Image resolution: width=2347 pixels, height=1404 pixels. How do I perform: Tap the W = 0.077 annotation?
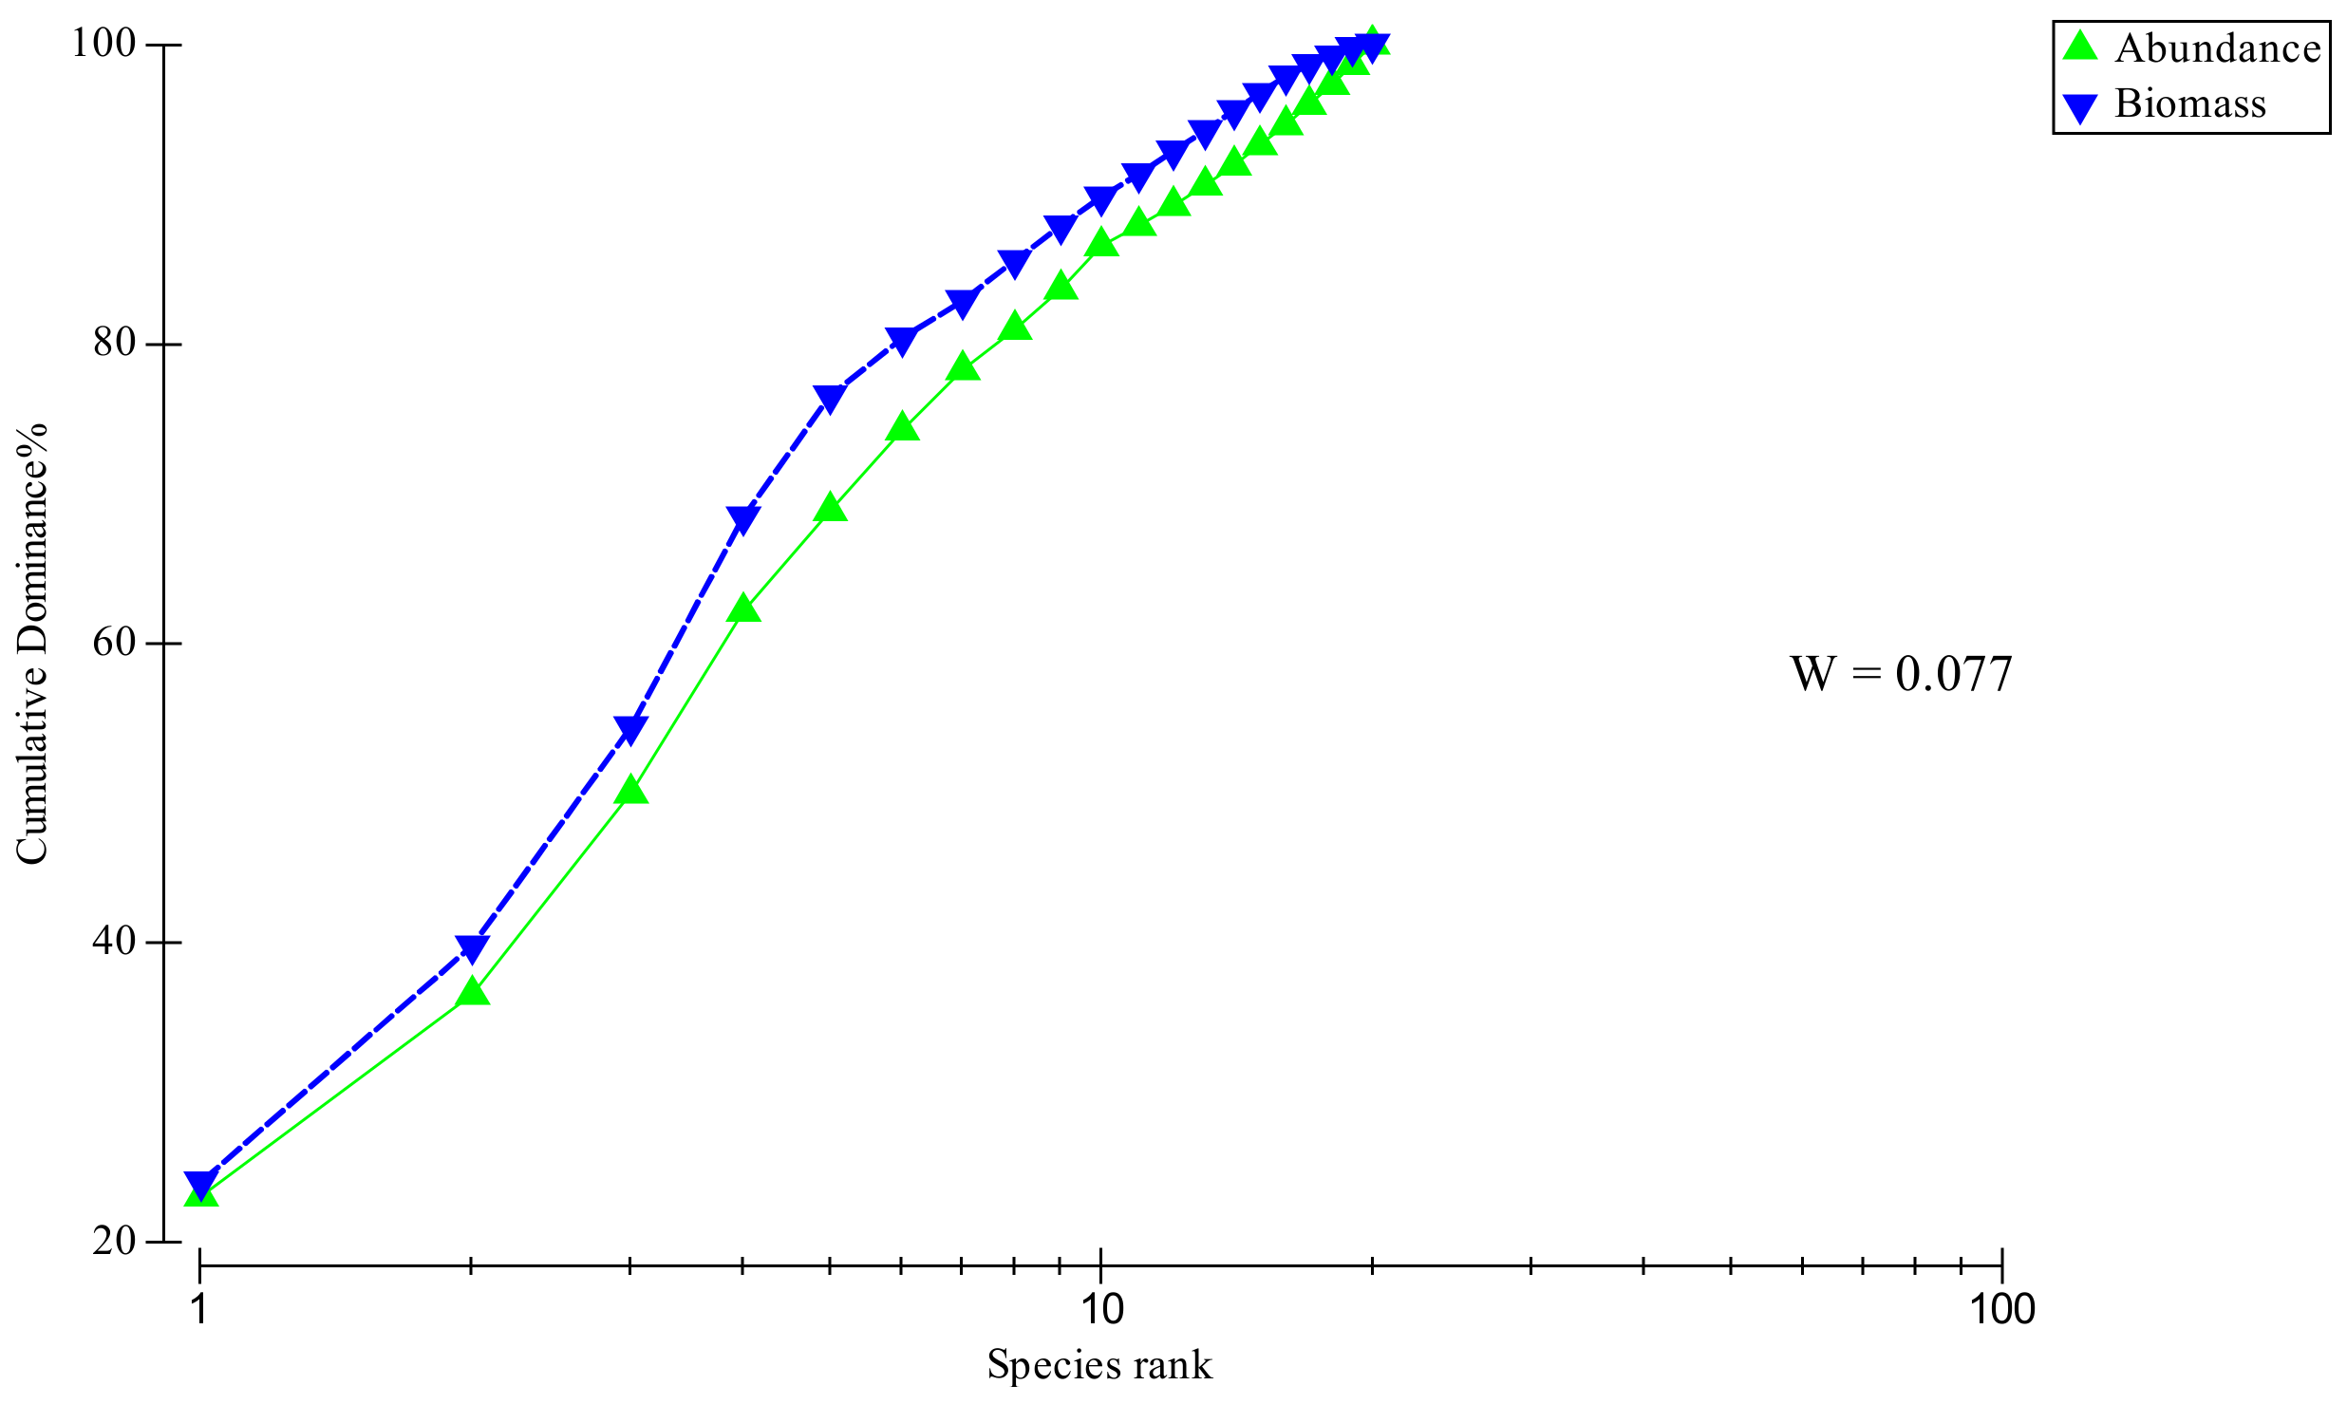click(1901, 674)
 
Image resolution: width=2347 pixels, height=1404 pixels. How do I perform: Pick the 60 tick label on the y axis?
click(115, 642)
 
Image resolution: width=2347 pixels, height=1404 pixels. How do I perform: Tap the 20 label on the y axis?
click(115, 1241)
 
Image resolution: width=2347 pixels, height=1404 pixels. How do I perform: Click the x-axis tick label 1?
click(199, 1309)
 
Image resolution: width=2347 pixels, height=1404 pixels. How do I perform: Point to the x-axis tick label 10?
click(1100, 1309)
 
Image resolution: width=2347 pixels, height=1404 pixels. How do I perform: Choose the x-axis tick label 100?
click(2001, 1309)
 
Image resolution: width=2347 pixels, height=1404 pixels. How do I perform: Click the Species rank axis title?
click(1099, 1365)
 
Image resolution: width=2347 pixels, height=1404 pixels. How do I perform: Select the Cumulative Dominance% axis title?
click(32, 643)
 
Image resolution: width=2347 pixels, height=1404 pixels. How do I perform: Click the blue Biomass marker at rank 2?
click(472, 947)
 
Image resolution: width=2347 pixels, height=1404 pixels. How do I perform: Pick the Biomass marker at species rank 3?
click(630, 730)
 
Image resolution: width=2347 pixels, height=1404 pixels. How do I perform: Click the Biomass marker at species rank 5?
click(830, 399)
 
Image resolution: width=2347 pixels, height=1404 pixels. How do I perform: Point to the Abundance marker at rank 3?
click(630, 790)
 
